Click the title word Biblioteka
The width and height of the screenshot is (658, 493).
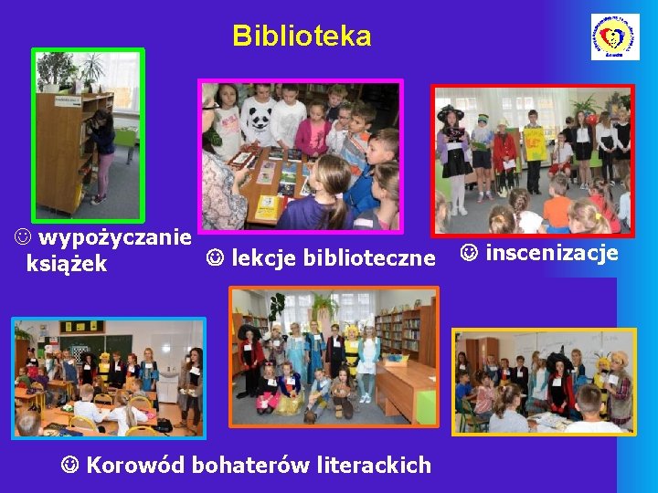pos(302,37)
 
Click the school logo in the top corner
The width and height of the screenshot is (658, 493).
pos(614,37)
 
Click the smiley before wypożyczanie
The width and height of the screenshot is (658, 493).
pos(21,238)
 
